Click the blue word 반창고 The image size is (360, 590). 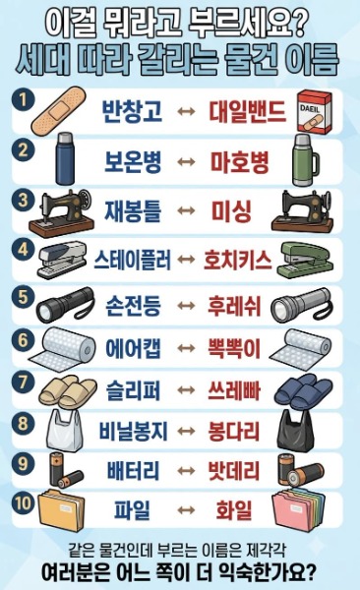132,111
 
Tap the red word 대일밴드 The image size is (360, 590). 248,111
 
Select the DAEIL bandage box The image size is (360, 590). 315,112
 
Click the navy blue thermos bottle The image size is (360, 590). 65,158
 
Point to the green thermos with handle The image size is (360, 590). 304,160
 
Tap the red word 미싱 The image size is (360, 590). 231,211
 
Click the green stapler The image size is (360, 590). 305,260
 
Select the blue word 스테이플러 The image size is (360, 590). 133,260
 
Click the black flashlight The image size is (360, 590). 65,305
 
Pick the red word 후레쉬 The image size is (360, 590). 234,306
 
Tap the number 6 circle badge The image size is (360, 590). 23,341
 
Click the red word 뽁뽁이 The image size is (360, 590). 234,348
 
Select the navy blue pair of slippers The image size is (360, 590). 303,391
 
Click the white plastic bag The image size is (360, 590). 64,430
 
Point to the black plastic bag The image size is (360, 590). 295,431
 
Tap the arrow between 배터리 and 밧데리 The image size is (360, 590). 186,471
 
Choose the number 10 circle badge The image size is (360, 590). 24,503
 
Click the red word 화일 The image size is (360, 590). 233,510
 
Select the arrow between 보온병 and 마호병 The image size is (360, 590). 186,162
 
